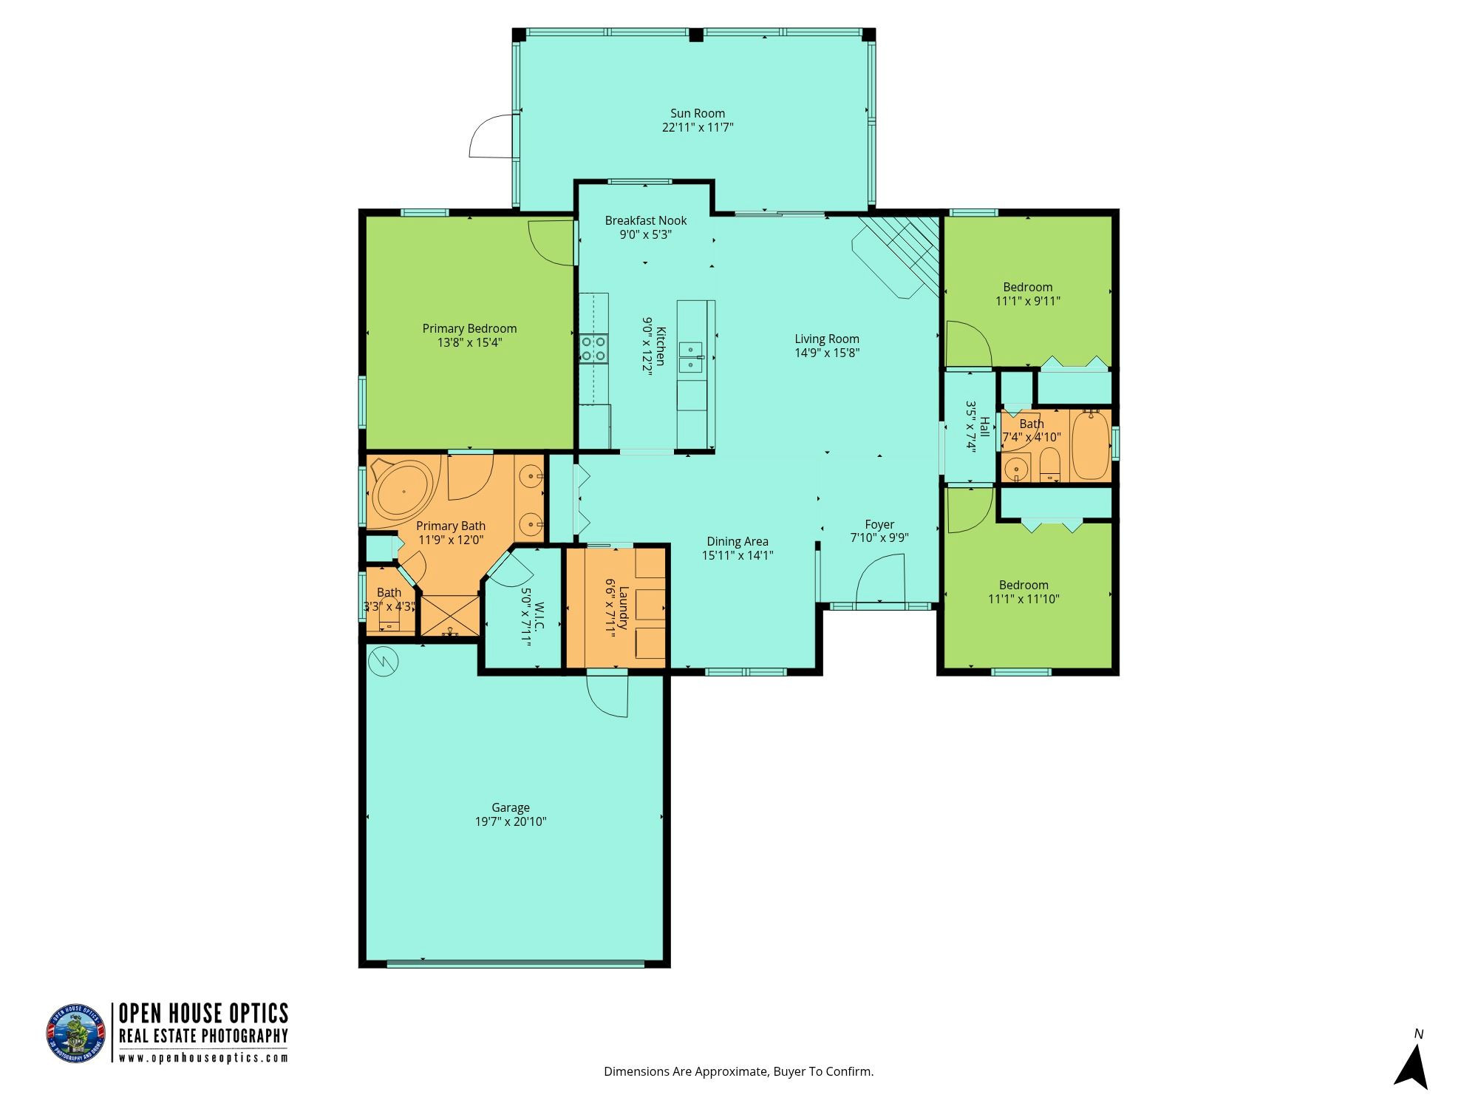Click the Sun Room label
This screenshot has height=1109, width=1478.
pos(698,114)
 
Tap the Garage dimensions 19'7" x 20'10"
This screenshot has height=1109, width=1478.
pos(511,821)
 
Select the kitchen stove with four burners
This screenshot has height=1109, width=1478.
pos(594,349)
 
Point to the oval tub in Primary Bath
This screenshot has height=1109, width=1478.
pos(402,489)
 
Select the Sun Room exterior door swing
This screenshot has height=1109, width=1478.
pos(491,136)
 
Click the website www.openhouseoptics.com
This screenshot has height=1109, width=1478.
pos(203,1058)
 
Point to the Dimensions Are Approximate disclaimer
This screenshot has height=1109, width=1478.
pos(738,1071)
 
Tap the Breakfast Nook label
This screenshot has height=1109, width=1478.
pos(646,221)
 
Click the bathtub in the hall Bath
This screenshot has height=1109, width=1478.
pos(1091,446)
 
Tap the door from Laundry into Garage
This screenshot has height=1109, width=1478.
pos(607,695)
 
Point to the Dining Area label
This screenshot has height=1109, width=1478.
pos(738,542)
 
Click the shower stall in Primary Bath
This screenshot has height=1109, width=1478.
pos(449,615)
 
